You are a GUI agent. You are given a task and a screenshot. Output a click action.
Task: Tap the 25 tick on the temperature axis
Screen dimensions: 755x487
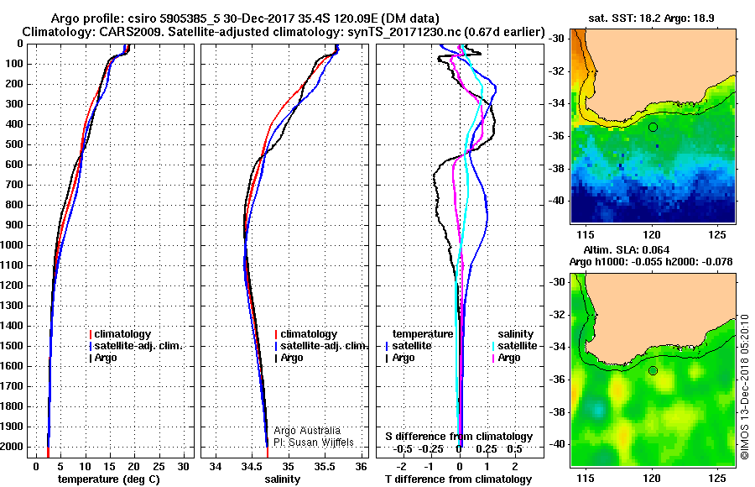[x=159, y=466]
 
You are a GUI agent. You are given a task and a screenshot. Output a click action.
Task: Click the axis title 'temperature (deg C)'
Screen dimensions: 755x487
[x=109, y=479]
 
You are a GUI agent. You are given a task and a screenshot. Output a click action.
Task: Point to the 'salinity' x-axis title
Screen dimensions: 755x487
[x=282, y=479]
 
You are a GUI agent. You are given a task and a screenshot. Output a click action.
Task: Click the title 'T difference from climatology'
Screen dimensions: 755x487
[x=458, y=479]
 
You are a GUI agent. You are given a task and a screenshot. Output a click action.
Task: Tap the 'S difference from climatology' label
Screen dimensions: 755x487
[x=459, y=437]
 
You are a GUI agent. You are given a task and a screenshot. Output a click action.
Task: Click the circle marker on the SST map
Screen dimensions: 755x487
[x=653, y=128]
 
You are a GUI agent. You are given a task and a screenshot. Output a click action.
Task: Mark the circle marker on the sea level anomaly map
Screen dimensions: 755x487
[x=653, y=371]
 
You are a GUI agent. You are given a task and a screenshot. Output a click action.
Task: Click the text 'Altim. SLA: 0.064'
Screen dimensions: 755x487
[x=627, y=249]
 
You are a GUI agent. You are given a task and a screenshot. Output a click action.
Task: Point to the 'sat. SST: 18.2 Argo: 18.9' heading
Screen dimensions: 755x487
[x=651, y=18]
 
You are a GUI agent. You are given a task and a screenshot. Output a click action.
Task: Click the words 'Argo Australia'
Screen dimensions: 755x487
[x=307, y=431]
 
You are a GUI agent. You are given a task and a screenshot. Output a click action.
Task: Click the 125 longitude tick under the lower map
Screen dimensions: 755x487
[x=717, y=478]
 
